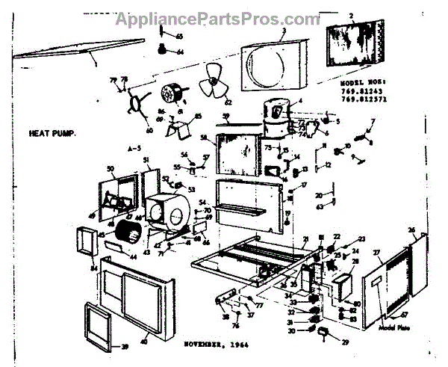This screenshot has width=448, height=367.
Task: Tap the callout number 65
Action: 179,36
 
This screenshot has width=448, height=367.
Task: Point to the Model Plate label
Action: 396,327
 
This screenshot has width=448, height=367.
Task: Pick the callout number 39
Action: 125,346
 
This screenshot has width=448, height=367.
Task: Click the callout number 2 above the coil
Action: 351,15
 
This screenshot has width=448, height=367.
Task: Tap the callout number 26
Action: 411,229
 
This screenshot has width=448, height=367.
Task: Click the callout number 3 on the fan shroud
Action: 284,31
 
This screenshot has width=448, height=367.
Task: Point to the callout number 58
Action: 203,138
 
